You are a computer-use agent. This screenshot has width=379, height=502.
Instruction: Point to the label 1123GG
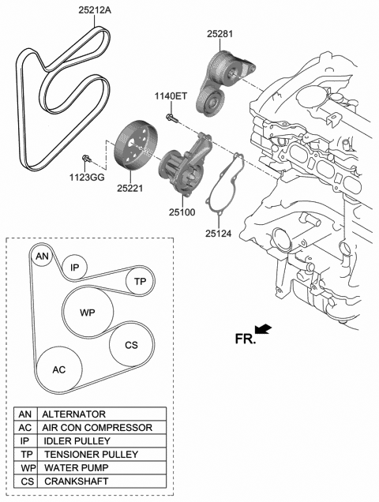tap(85, 179)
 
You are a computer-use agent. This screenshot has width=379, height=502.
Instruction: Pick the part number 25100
tap(182, 212)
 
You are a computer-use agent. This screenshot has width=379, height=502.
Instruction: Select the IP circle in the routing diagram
tap(73, 268)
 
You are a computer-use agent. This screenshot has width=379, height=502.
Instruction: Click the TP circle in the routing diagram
tap(140, 281)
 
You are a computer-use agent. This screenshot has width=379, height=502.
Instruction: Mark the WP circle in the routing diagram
tap(87, 313)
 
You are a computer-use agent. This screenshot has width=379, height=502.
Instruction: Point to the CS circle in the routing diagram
tap(131, 345)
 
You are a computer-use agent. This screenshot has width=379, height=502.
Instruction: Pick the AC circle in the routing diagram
tap(59, 369)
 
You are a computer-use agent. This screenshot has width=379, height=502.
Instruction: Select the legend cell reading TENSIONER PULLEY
tap(101, 454)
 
